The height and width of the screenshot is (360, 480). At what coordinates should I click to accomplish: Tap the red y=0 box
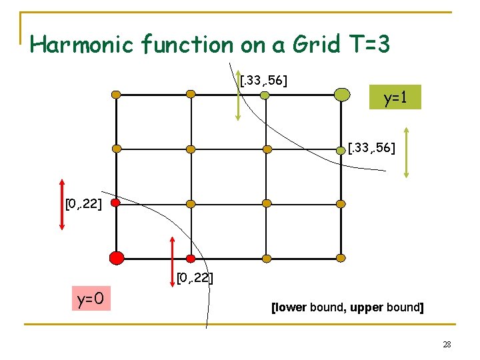[x=90, y=299]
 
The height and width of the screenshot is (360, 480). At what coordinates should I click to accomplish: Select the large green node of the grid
[x=341, y=95]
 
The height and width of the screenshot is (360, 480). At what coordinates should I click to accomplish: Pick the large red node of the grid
[x=117, y=257]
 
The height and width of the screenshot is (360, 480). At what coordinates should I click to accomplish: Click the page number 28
[x=447, y=345]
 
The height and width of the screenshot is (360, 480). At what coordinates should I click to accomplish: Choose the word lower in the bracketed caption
[x=290, y=308]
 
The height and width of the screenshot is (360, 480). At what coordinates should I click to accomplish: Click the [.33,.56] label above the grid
[x=263, y=81]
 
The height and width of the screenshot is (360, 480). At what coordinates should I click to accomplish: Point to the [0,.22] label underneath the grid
[x=195, y=277]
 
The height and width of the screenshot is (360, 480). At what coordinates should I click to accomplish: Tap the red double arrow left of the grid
[x=62, y=204]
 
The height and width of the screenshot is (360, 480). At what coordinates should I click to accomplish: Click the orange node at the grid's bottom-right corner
[x=341, y=258]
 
